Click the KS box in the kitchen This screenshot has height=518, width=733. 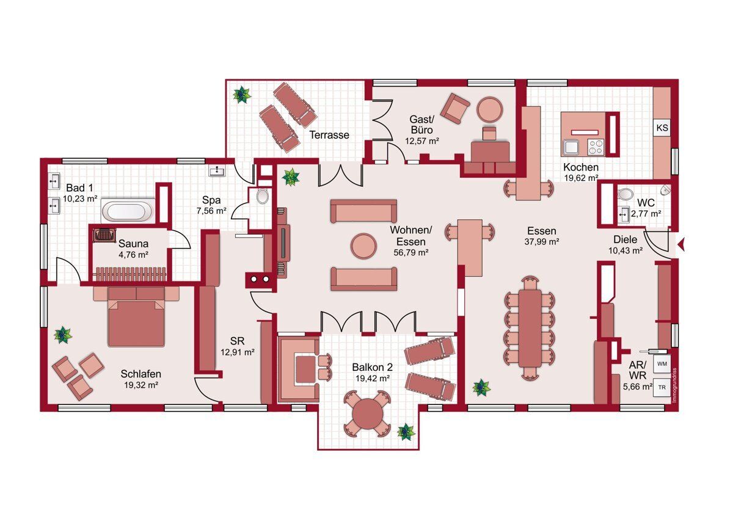662,127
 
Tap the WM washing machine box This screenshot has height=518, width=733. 662,364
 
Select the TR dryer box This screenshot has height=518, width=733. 662,387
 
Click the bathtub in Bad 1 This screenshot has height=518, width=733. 127,211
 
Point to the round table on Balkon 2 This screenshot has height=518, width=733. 367,413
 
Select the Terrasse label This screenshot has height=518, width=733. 329,135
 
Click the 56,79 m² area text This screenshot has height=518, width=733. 411,252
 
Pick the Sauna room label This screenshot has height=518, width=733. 134,244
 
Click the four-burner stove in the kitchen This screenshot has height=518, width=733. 596,147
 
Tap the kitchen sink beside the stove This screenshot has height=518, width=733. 571,147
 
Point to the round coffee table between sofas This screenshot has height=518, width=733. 363,246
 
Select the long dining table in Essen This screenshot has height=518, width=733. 530,328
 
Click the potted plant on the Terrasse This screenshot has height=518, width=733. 242,95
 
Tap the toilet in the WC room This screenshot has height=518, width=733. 625,194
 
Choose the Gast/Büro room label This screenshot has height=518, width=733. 421,125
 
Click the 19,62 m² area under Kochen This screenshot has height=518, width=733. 581,178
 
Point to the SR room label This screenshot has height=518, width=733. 237,341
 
